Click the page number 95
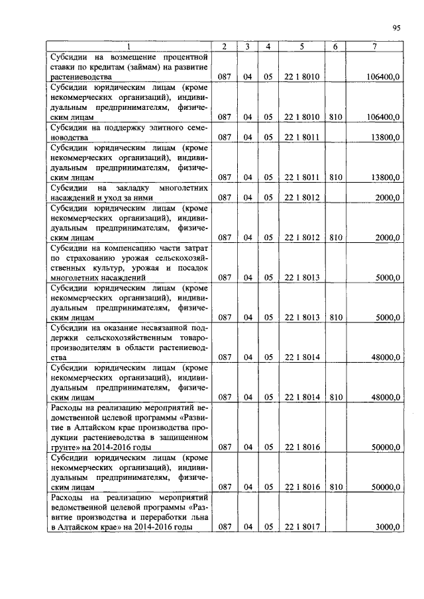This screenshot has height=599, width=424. click(x=396, y=28)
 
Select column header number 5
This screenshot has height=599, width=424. click(x=302, y=46)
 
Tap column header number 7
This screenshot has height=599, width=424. click(x=375, y=46)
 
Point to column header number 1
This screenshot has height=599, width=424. click(x=129, y=46)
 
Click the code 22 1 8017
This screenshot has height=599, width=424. click(x=302, y=527)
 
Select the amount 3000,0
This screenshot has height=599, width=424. click(x=388, y=527)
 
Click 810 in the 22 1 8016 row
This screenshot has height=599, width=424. click(x=335, y=487)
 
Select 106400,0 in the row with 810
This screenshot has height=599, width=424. click(x=383, y=117)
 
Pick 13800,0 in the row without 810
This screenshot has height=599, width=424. click(x=386, y=137)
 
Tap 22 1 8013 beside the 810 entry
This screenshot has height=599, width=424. click(x=302, y=317)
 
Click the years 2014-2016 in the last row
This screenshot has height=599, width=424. click(x=152, y=527)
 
